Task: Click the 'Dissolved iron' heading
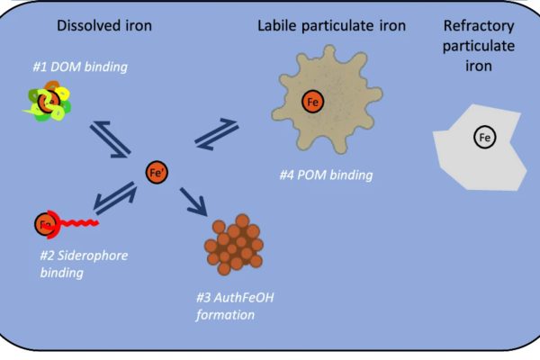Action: (x=104, y=26)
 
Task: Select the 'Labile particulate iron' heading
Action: (x=331, y=26)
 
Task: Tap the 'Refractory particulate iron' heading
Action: (x=479, y=46)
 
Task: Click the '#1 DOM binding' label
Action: (x=80, y=67)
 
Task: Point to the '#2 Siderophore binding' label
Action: (x=84, y=264)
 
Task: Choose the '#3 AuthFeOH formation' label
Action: (x=235, y=306)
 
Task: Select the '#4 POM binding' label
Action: (x=326, y=175)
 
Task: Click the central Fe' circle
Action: (x=157, y=172)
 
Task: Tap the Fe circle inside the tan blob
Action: (x=312, y=102)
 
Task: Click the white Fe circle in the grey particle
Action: (x=485, y=137)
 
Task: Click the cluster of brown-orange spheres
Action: (x=234, y=245)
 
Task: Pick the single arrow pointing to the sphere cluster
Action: (x=193, y=202)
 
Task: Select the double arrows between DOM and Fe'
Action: (x=110, y=139)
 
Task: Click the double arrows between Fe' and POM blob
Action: (x=217, y=134)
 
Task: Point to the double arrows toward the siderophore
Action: (x=115, y=198)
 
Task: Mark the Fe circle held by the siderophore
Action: (x=45, y=224)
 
